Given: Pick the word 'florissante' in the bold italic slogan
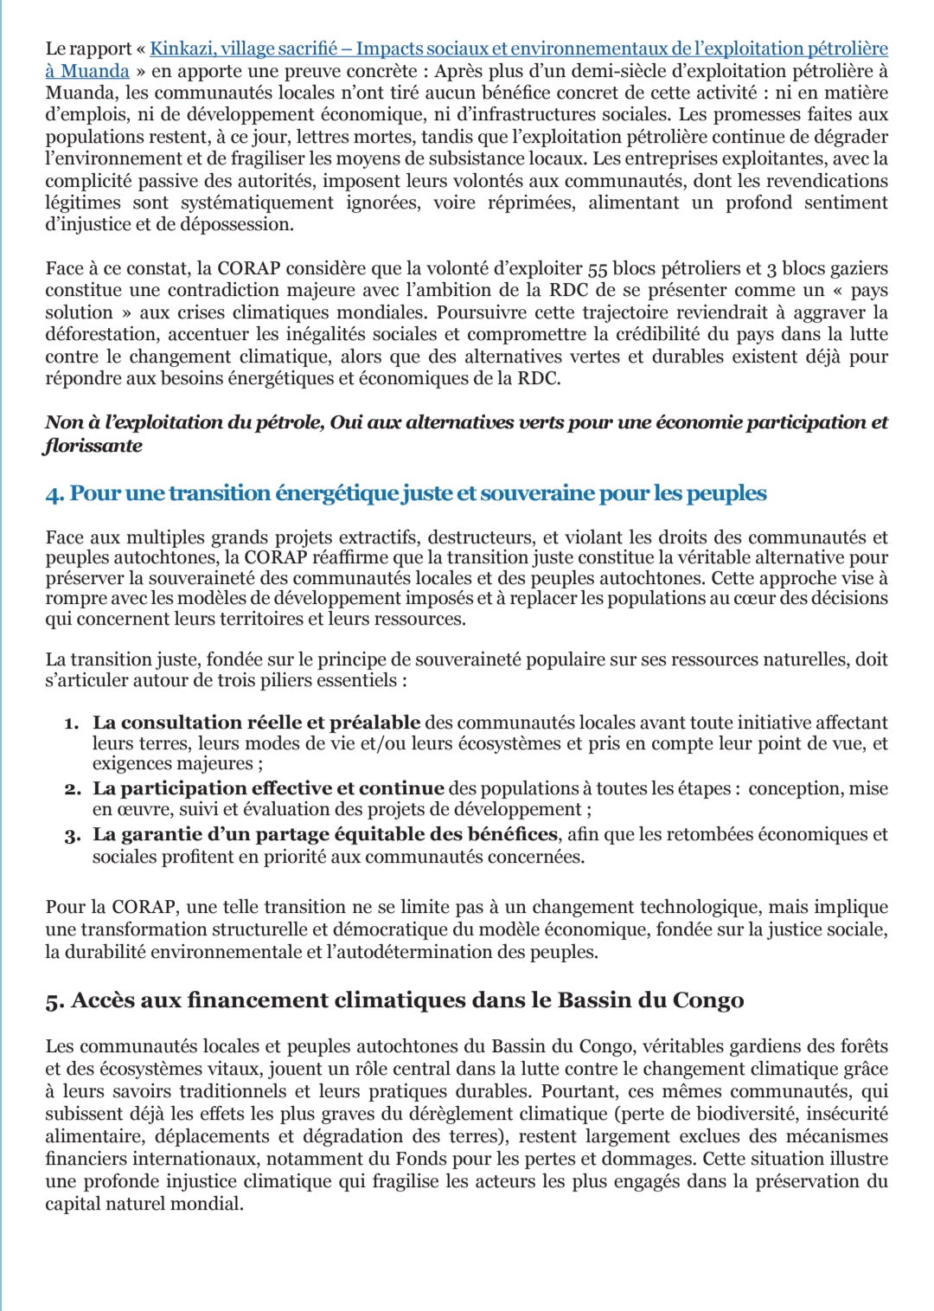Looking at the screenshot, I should [x=93, y=446].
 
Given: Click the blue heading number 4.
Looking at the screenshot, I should [x=54, y=494].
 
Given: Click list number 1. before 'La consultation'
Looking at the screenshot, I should [x=72, y=723].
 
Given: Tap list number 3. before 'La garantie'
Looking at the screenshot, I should [x=72, y=836].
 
